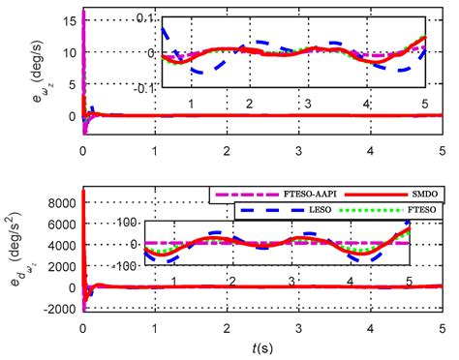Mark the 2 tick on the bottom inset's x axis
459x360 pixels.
pos(232,281)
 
